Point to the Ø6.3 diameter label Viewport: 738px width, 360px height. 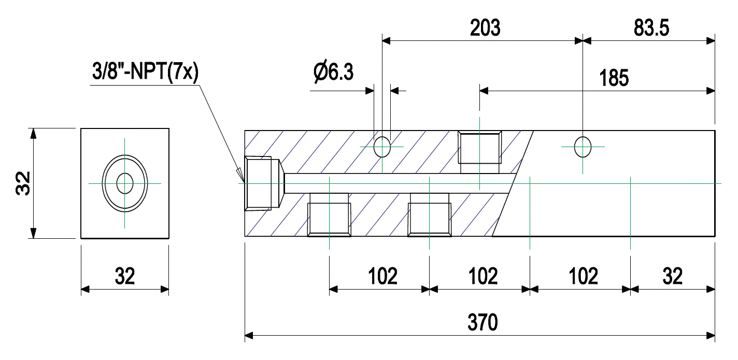point(333,72)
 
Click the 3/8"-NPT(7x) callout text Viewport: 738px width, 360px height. point(143,72)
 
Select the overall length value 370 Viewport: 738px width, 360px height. point(482,322)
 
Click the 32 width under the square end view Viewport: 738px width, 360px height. point(125,277)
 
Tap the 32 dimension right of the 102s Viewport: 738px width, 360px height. point(673,277)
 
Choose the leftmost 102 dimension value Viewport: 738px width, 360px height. point(382,277)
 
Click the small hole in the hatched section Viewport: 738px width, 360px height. point(382,147)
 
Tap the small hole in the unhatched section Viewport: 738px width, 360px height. point(583,147)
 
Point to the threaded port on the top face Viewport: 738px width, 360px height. point(480,147)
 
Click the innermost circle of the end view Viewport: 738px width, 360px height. point(125,183)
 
